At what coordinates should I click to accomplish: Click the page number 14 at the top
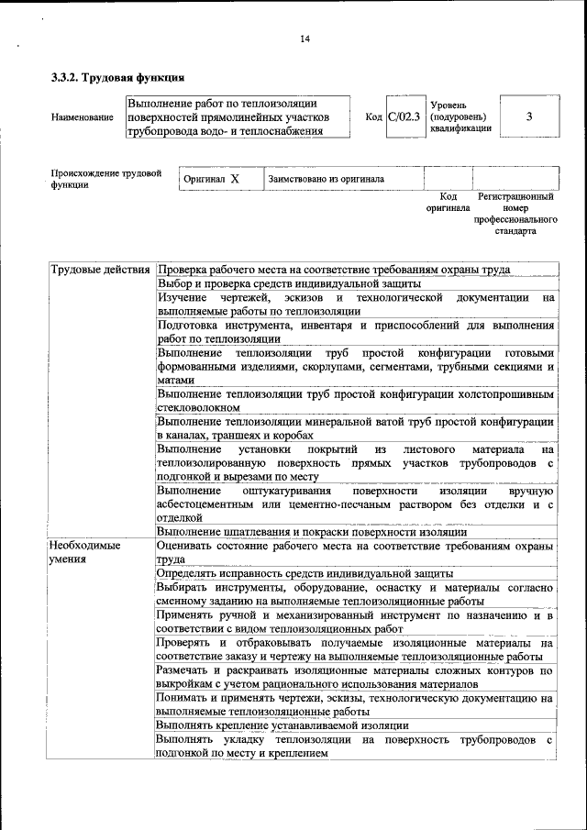305,38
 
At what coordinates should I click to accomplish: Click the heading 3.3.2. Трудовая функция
118,77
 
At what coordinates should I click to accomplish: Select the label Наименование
83,117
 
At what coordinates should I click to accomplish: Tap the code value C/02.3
404,117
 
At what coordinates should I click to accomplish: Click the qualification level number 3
529,116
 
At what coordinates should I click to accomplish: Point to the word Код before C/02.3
373,117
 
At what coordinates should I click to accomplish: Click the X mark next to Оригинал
235,179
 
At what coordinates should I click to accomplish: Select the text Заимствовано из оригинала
326,179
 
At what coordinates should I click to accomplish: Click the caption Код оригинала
448,202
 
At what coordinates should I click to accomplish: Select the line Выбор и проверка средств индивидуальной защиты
283,283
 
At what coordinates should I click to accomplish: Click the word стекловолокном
199,407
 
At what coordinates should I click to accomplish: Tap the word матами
176,380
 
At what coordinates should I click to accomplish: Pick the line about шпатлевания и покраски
313,532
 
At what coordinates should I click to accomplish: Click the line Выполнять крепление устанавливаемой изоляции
270,725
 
